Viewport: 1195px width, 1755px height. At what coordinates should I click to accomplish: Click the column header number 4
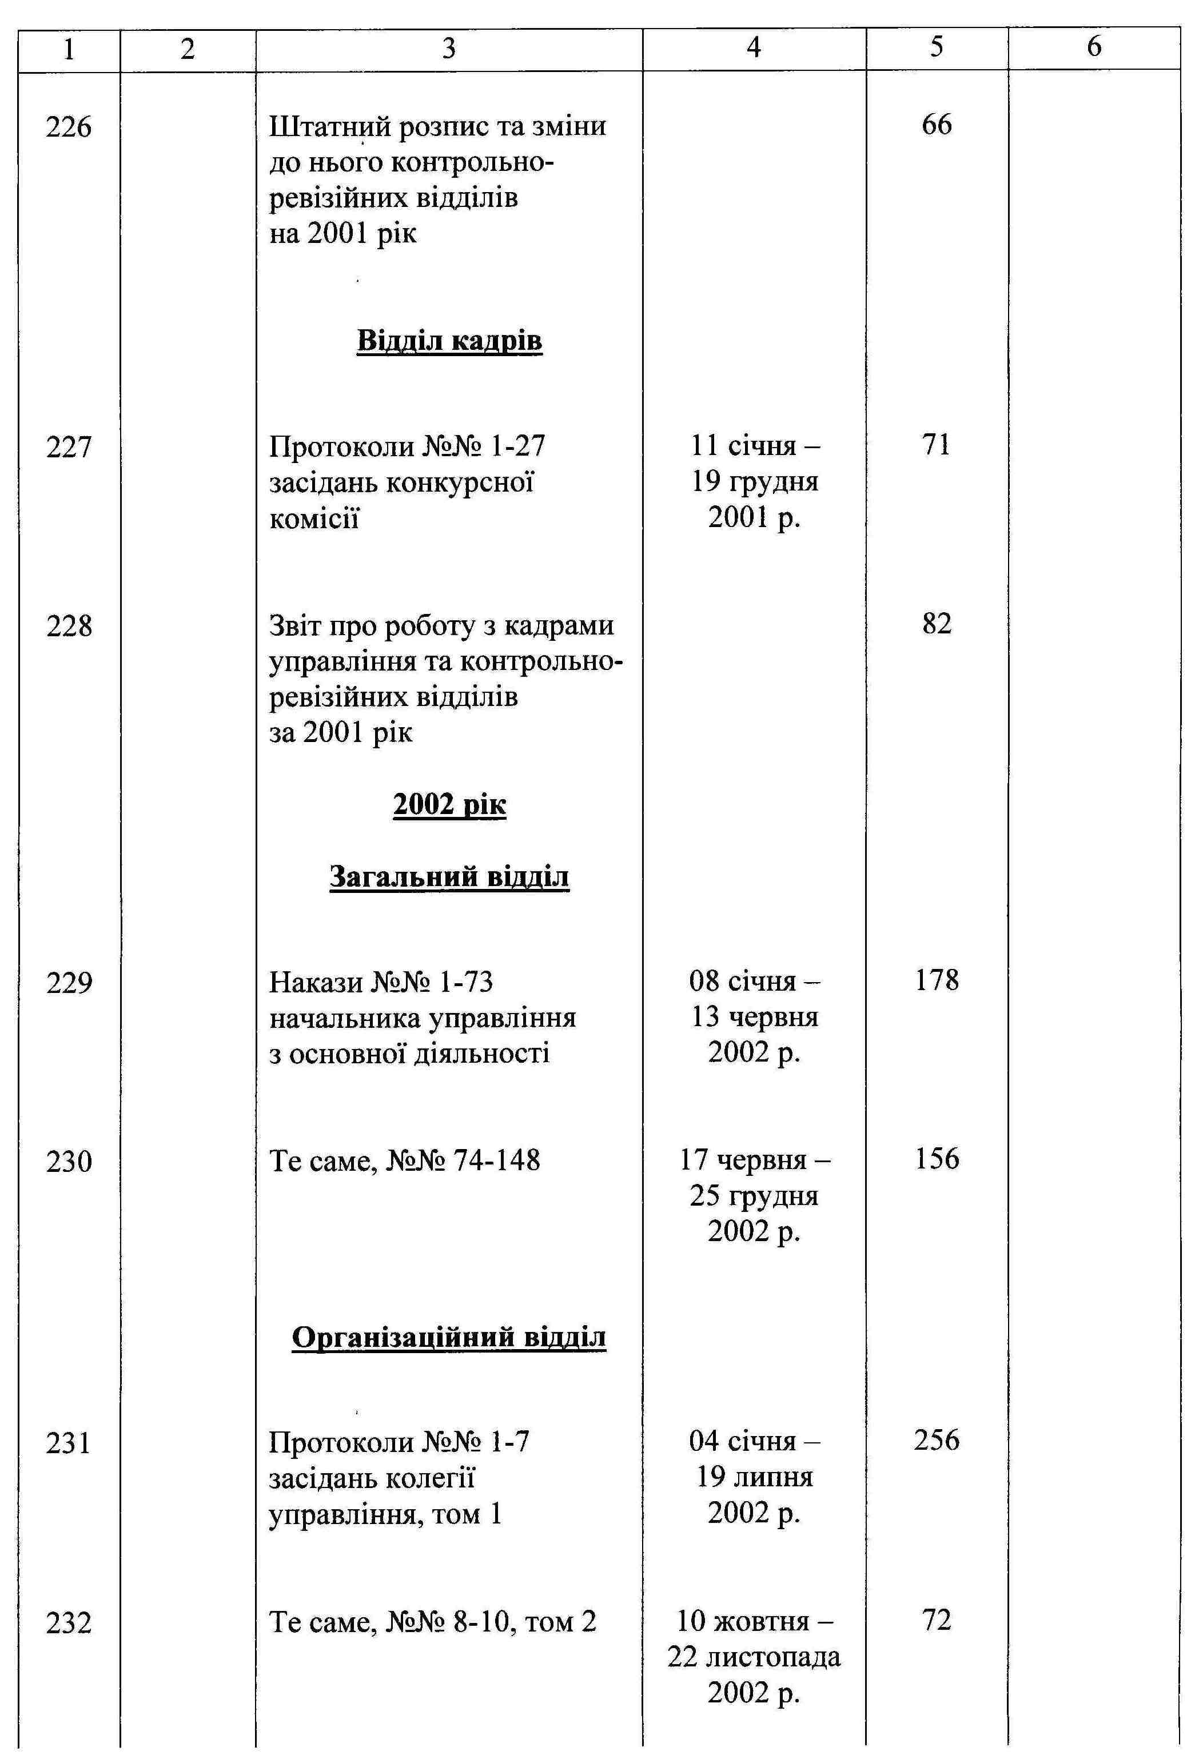tap(753, 47)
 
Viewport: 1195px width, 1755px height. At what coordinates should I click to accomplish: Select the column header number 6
tap(1094, 47)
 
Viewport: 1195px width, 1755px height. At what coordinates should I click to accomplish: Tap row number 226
tap(69, 126)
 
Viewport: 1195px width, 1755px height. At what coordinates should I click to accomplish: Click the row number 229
tap(69, 983)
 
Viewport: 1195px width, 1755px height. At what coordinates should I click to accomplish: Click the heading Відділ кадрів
tap(449, 341)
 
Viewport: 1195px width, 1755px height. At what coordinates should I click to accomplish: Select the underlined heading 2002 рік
tap(449, 805)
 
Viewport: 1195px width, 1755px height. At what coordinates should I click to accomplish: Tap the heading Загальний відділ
tap(449, 877)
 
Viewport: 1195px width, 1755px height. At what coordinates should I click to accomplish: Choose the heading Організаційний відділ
tap(449, 1337)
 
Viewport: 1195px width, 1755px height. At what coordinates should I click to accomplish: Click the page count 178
tap(937, 981)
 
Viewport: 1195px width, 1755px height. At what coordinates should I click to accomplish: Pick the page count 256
tap(937, 1440)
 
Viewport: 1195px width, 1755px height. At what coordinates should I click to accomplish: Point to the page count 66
tap(937, 125)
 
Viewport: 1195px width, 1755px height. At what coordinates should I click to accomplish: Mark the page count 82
tap(937, 624)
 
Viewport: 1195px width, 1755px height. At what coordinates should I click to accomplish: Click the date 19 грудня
tap(755, 481)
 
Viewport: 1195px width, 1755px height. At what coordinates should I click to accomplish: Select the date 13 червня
tap(755, 1017)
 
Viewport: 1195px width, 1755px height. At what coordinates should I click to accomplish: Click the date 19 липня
tap(755, 1477)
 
